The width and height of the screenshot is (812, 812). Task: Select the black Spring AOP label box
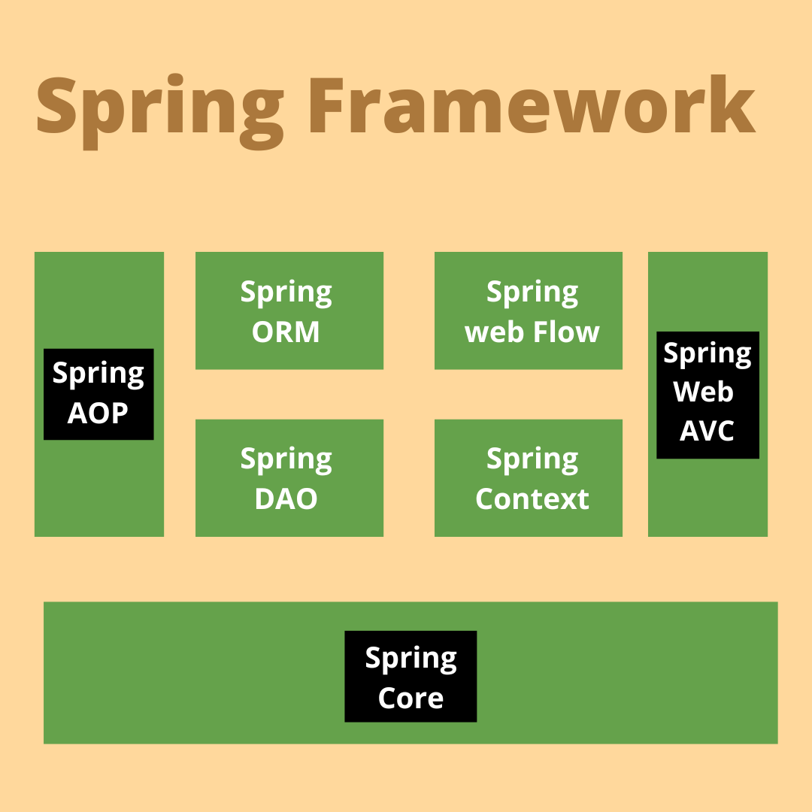98,394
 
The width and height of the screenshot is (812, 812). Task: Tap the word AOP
98,413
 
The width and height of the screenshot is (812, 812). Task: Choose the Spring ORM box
289,311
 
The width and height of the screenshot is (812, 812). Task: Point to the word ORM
286,332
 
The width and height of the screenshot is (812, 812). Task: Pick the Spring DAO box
289,477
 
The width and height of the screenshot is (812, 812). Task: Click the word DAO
286,499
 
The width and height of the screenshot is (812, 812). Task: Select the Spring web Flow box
529,311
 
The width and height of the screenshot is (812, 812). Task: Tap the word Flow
568,332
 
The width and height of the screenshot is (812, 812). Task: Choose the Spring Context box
529,477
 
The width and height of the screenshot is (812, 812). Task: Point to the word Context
532,499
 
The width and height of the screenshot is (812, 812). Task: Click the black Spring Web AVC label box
707,395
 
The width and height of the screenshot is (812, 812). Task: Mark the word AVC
707,431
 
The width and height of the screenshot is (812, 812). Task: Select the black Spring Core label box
411,676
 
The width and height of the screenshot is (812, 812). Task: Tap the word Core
411,698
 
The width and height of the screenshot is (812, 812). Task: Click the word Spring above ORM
286,292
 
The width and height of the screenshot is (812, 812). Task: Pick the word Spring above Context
532,459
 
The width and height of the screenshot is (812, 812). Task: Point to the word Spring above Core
411,659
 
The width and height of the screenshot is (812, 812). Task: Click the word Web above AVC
704,392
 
